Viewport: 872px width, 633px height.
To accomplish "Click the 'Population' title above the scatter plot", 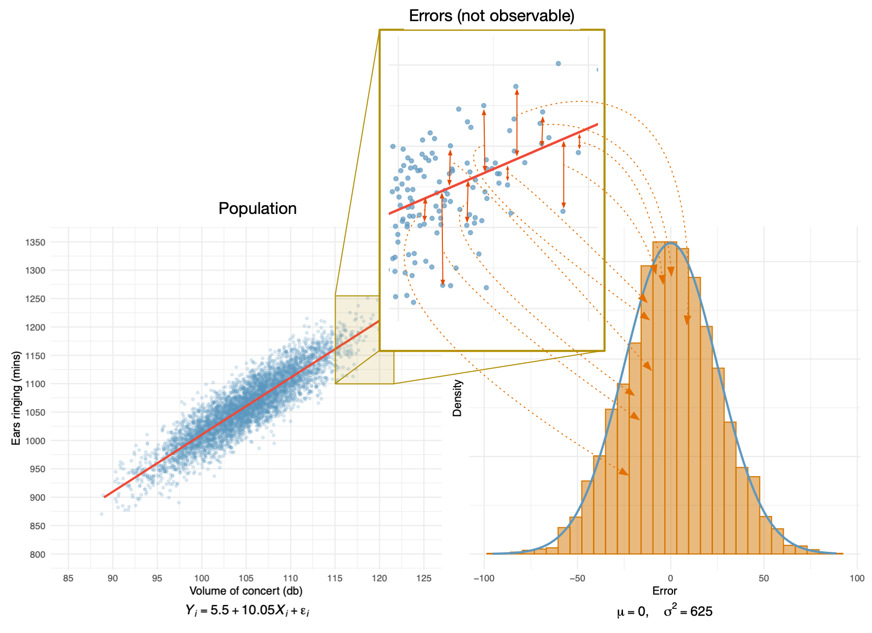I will coord(257,209).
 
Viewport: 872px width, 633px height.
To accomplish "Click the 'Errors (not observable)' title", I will coord(492,16).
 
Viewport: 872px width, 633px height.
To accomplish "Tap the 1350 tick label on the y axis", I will coord(35,242).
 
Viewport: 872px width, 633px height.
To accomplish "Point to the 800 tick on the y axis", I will coord(37,554).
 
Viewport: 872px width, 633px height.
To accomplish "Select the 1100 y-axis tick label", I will coord(35,384).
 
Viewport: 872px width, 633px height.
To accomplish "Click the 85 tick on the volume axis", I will coord(68,578).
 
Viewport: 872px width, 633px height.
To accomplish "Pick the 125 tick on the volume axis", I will coord(424,578).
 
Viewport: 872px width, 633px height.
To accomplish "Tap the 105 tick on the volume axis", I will coord(246,578).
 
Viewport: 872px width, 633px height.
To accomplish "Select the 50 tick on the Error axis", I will coord(763,578).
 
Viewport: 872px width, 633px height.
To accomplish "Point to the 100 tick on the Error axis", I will coord(857,578).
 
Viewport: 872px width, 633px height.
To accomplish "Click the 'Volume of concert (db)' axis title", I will coord(246,591).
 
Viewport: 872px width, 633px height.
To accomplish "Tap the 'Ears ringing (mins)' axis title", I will coord(16,398).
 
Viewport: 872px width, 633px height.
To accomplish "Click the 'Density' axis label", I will coord(457,398).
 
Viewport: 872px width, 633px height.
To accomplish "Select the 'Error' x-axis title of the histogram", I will coord(665,591).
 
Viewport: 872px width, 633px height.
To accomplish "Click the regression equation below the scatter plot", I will coord(247,610).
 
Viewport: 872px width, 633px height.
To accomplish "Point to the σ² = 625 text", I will coord(688,611).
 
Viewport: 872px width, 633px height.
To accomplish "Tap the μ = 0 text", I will coord(632,612).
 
